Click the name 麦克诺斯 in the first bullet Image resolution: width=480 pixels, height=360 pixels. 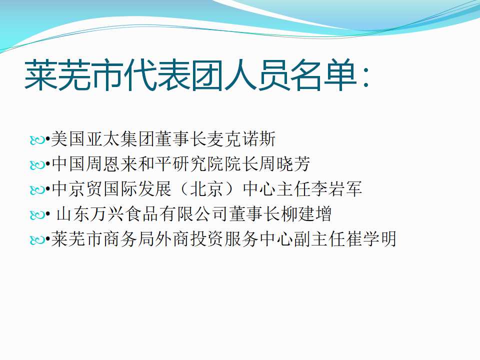point(241,138)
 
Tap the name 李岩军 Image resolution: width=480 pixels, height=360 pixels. point(336,188)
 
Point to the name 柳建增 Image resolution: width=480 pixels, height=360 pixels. point(306,213)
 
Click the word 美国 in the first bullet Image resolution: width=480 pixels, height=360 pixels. point(68,138)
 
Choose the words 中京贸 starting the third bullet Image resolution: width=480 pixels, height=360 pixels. point(76,188)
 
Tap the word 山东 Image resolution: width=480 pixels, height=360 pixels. point(73,213)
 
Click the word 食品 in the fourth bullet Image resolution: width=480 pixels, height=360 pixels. point(141,213)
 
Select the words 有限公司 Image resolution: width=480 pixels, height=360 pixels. point(194,213)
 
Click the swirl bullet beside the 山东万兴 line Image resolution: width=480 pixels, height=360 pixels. point(37,215)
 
